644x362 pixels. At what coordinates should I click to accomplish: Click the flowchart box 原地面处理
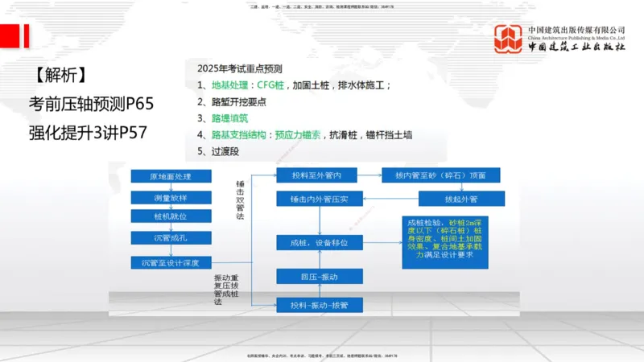pos(170,176)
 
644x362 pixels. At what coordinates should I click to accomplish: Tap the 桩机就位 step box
pos(170,216)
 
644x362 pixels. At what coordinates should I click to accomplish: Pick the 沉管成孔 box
pos(170,237)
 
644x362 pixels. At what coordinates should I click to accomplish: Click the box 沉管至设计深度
pos(170,262)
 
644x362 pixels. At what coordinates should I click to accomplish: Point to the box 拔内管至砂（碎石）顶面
pos(441,175)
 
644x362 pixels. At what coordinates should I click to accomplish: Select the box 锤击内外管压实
pos(319,198)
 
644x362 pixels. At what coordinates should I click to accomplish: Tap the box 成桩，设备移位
pos(319,241)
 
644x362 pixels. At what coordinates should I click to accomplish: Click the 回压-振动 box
pos(319,276)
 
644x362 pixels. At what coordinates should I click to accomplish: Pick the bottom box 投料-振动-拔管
pos(319,304)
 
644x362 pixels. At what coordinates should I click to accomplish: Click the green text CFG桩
pos(274,84)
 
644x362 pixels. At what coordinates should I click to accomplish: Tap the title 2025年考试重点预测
pos(239,69)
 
